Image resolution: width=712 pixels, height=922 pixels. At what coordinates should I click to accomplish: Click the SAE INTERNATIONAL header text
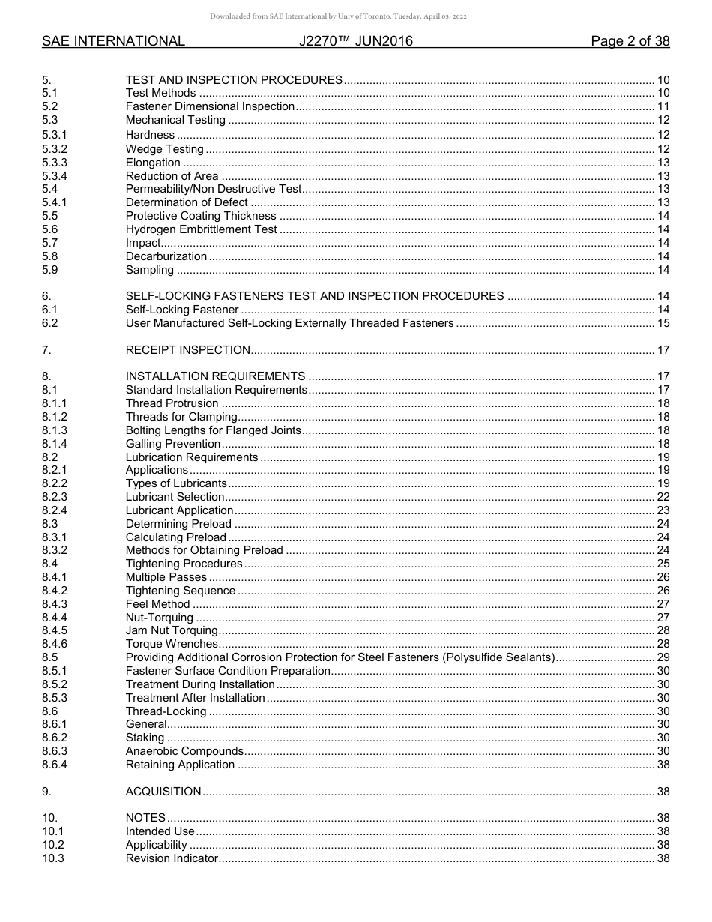coord(113,41)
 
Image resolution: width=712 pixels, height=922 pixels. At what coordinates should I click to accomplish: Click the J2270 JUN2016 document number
coord(355,41)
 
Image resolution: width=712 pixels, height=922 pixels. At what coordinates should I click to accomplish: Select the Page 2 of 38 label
coord(630,41)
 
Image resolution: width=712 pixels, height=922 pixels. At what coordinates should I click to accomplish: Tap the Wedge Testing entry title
coord(164,149)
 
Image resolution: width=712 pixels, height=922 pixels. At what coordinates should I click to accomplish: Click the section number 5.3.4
coord(55,176)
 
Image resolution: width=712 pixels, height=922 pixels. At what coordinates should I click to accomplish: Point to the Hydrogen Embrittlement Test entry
coord(201,229)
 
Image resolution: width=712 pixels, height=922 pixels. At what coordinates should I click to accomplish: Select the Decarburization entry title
coord(166,256)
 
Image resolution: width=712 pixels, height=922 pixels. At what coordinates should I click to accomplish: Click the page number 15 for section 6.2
coord(663,323)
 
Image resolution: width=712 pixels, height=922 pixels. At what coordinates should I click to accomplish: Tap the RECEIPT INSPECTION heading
coord(187,350)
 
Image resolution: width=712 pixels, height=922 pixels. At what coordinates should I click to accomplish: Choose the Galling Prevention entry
coord(172,444)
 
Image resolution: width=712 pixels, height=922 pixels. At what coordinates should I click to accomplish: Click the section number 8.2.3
coord(55,497)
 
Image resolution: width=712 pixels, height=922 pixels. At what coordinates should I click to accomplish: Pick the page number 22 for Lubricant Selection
coord(663,497)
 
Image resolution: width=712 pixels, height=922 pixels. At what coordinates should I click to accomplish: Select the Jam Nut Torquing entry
coord(172,630)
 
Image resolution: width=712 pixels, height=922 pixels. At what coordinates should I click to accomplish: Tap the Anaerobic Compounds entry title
coord(184,751)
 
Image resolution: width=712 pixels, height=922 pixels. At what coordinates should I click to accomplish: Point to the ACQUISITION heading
coord(163,792)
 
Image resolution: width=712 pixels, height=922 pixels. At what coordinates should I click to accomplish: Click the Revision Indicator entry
coord(172,858)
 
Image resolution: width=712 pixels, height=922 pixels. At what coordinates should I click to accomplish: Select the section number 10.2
coord(53,845)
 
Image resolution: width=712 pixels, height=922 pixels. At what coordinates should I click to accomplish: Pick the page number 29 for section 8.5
coord(663,657)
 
